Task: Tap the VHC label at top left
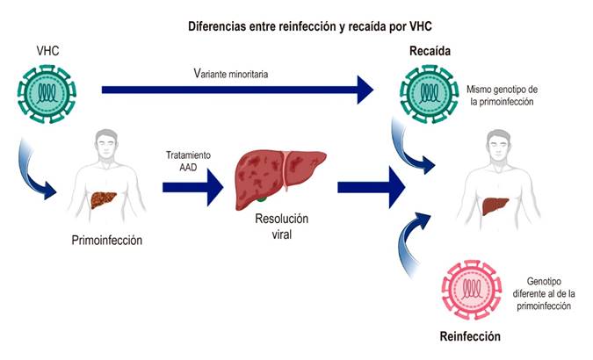[47, 51]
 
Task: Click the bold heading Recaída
[430, 51]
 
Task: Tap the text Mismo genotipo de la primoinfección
[506, 96]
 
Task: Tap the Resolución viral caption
[280, 227]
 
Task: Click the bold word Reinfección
[470, 336]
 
